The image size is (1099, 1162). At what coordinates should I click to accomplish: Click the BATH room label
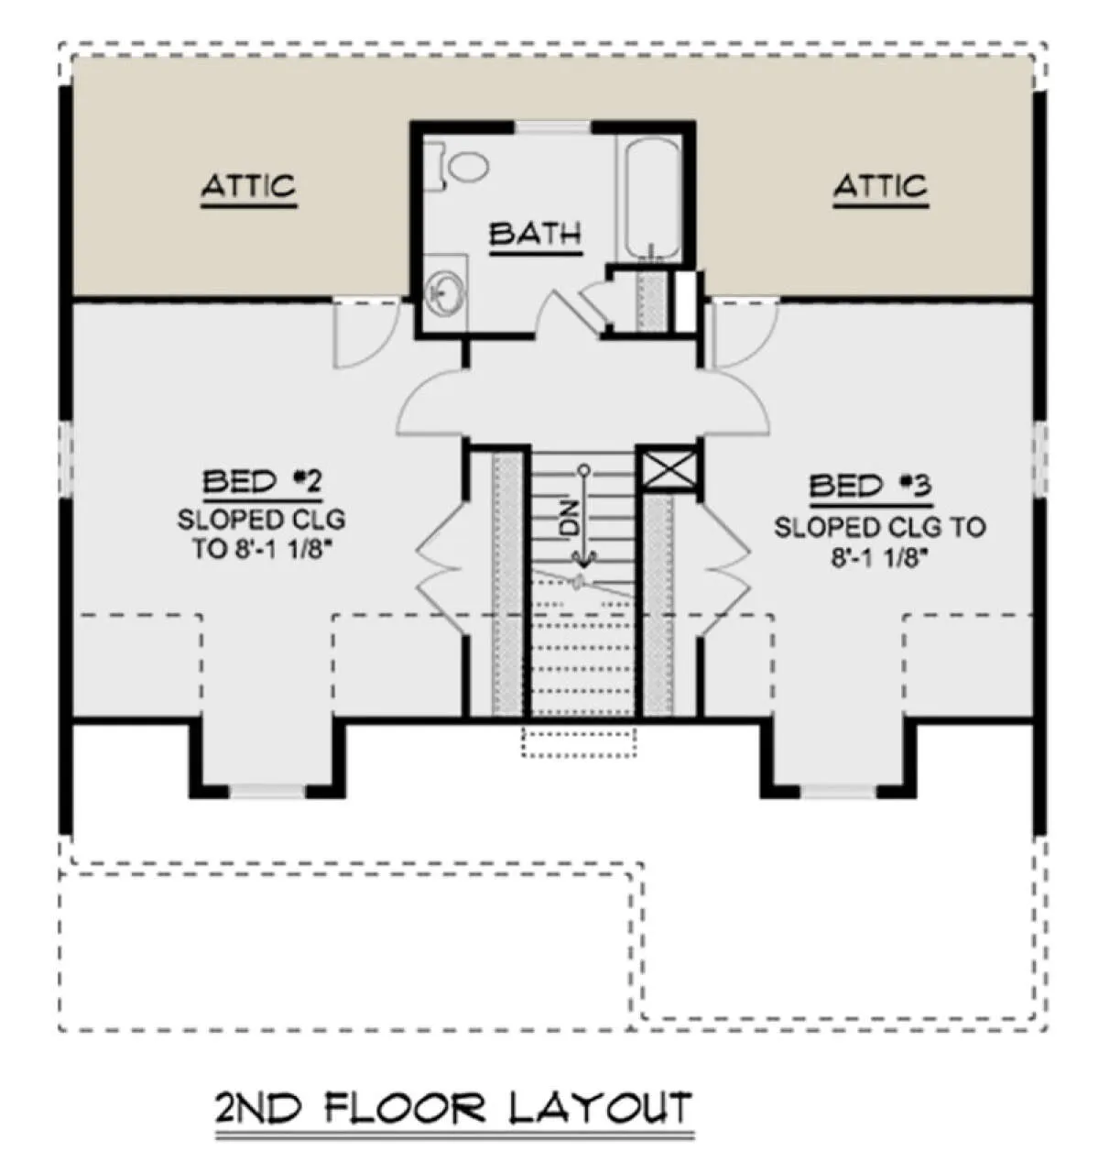534,234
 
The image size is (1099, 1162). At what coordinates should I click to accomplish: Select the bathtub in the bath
650,198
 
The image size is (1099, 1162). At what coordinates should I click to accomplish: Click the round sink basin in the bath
444,294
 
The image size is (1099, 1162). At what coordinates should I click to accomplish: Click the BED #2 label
262,481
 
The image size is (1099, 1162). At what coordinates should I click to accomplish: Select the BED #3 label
870,486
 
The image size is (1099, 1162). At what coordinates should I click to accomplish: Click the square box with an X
668,470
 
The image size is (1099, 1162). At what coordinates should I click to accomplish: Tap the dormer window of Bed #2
267,792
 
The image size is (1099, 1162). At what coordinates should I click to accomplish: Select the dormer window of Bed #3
838,792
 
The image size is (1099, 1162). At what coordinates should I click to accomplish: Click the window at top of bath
552,127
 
